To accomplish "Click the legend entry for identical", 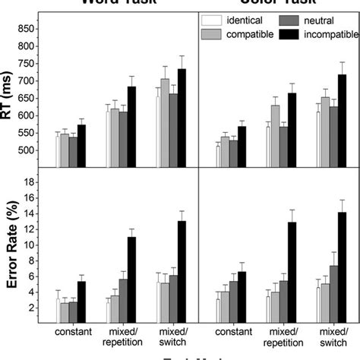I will (x=237, y=19).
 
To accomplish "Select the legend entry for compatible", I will (x=237, y=33).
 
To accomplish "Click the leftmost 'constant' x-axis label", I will (x=74, y=332).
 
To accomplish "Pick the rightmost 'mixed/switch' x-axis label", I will (x=329, y=336).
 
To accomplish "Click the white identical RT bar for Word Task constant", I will (x=59, y=151).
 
